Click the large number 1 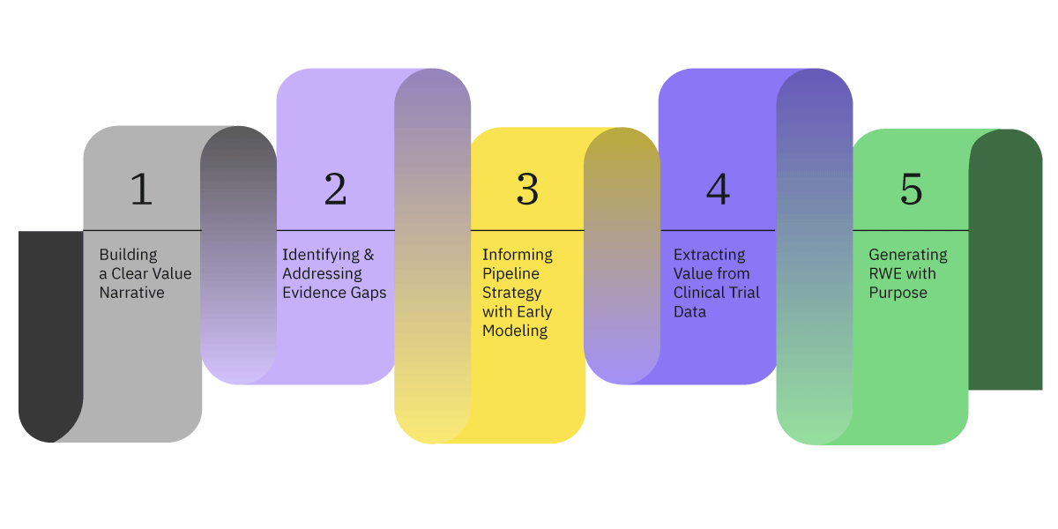point(141,190)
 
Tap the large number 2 point(335,190)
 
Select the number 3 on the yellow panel point(527,190)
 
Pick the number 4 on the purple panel point(719,190)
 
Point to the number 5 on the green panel point(911,190)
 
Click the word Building point(128,255)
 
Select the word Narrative point(131,293)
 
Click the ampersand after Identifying point(369,255)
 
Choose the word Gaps point(366,293)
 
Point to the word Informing point(518,255)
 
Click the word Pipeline point(510,274)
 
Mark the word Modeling point(515,331)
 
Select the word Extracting point(710,255)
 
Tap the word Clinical point(703,293)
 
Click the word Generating point(908,255)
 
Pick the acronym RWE point(886,274)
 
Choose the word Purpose point(898,293)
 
